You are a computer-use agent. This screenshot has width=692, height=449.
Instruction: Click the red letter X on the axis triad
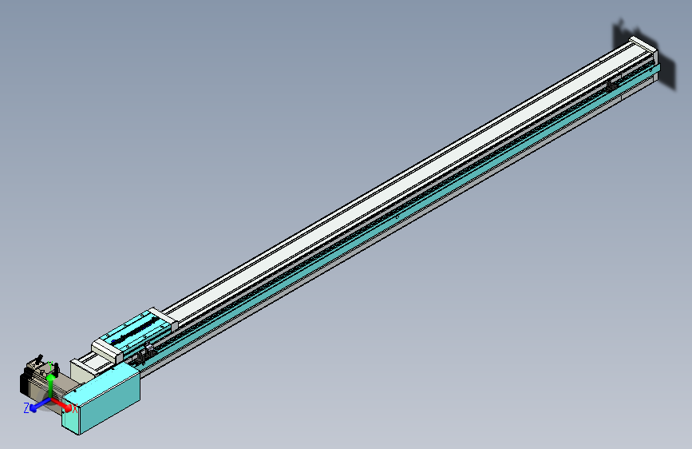pyautogui.click(x=75, y=409)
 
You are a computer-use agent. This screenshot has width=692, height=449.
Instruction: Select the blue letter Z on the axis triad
pyautogui.click(x=26, y=407)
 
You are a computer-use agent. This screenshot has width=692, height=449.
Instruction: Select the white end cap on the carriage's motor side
pyautogui.click(x=105, y=348)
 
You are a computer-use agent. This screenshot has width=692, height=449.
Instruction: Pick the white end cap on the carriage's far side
pyautogui.click(x=164, y=319)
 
